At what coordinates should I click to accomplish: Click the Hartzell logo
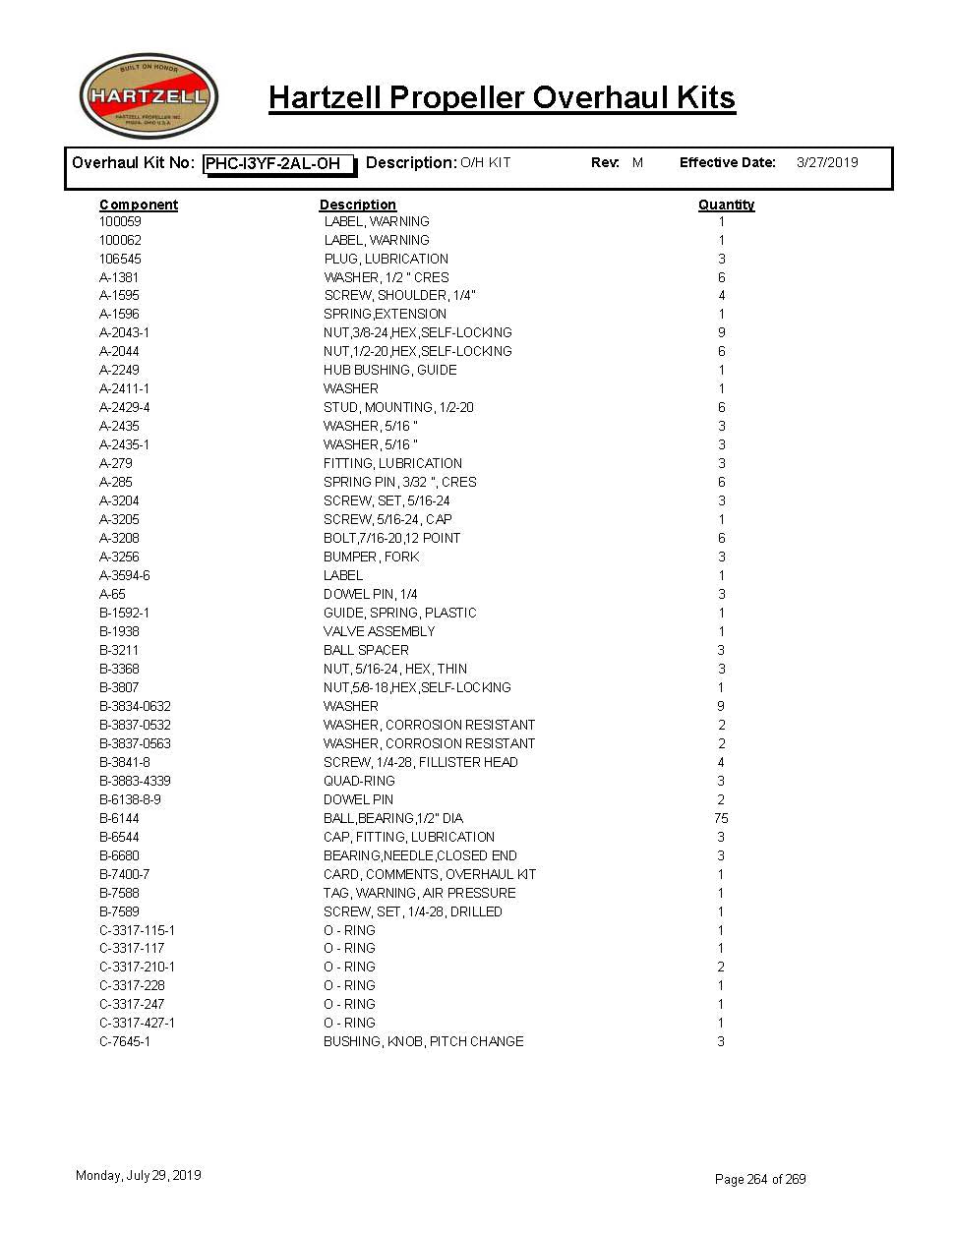(149, 96)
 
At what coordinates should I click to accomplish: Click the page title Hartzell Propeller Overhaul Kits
(502, 98)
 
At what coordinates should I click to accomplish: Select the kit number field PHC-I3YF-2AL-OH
(279, 164)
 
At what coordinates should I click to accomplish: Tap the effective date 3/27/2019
(826, 162)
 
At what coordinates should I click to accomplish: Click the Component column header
(139, 205)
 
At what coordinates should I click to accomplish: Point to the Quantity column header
(726, 205)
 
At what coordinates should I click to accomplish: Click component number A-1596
(119, 314)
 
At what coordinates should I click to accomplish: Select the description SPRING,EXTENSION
(385, 314)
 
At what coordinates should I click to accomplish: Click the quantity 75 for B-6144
(721, 818)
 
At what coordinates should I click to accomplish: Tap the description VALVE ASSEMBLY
(379, 631)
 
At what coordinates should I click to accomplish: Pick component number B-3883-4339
(135, 781)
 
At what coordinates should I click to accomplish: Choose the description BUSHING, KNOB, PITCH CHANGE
(423, 1041)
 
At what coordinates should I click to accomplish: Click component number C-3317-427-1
(139, 1023)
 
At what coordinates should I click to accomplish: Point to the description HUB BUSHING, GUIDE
(389, 370)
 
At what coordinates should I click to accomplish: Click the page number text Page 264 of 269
(760, 1179)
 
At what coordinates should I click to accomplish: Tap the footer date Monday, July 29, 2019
(139, 1175)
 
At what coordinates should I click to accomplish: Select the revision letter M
(637, 162)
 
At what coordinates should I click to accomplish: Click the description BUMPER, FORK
(371, 557)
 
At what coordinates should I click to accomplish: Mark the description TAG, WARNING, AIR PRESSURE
(419, 893)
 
